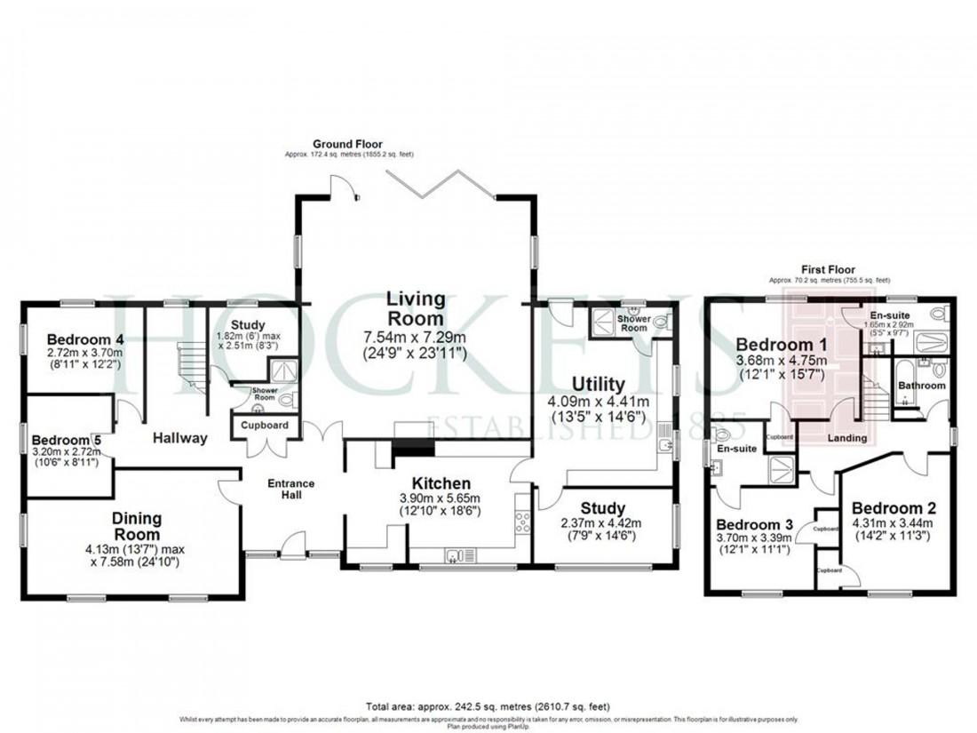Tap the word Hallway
point(179,437)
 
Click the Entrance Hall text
point(291,489)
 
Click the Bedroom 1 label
point(775,345)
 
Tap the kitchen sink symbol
point(460,557)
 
